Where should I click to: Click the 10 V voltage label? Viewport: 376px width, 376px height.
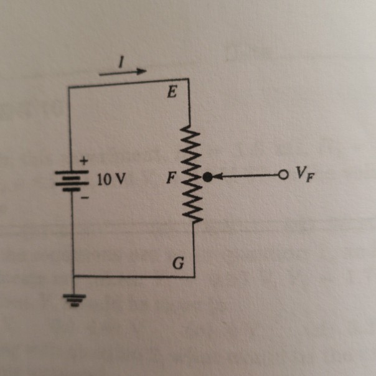111,181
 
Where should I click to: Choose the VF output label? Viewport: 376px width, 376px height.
304,174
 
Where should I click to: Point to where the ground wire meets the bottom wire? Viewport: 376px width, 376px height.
73,276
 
